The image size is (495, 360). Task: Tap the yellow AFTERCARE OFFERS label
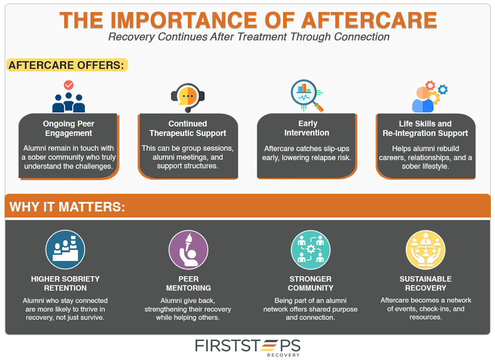(x=67, y=65)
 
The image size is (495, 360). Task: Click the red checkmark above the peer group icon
(x=69, y=85)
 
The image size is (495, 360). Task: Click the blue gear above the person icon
(x=443, y=89)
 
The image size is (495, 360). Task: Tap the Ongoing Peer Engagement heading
(x=68, y=128)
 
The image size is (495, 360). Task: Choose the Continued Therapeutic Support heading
(x=188, y=128)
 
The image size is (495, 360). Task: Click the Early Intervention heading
(x=306, y=128)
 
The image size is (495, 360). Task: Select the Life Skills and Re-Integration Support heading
(x=425, y=128)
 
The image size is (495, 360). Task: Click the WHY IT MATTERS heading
(x=67, y=207)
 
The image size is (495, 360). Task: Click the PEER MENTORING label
(x=188, y=283)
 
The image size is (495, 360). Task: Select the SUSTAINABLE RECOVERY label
(x=425, y=283)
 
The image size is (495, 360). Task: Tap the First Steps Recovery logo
(x=247, y=347)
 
